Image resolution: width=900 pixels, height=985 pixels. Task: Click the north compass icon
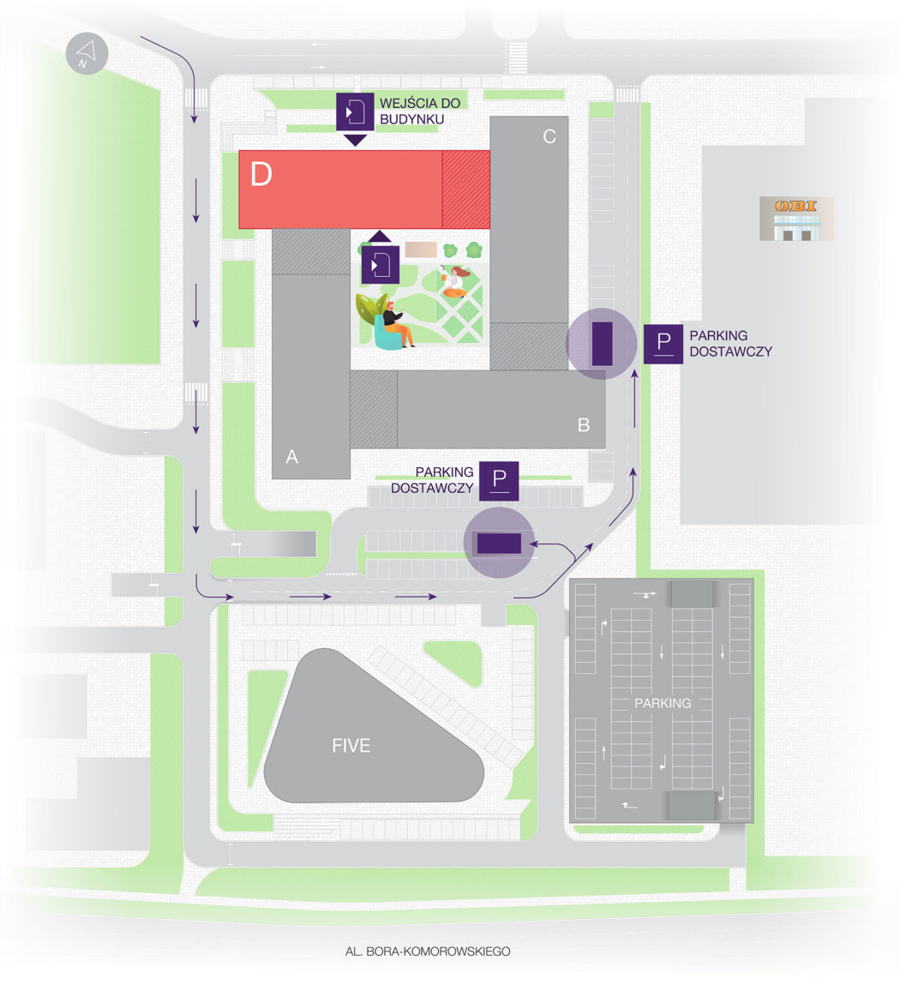pyautogui.click(x=87, y=53)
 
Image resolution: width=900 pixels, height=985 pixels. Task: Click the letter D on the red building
pyautogui.click(x=261, y=174)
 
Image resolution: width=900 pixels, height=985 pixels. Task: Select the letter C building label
pyautogui.click(x=549, y=136)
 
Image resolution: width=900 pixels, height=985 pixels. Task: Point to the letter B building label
pyautogui.click(x=584, y=425)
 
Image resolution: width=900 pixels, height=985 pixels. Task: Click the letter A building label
pyautogui.click(x=292, y=457)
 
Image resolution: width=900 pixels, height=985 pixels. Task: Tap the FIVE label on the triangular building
pyautogui.click(x=351, y=746)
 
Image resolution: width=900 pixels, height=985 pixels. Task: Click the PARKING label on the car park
pyautogui.click(x=663, y=703)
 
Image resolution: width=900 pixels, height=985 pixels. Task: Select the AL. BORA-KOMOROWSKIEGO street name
pyautogui.click(x=428, y=951)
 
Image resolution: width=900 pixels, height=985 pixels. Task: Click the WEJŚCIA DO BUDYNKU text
pyautogui.click(x=419, y=111)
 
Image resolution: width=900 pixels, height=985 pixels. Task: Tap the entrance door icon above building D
pyautogui.click(x=355, y=111)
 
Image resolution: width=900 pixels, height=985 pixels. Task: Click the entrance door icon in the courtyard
pyautogui.click(x=380, y=265)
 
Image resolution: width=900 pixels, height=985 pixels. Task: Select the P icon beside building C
pyautogui.click(x=663, y=345)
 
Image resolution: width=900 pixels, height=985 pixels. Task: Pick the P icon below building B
pyautogui.click(x=499, y=481)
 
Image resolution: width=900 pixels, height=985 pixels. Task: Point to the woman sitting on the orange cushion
pyautogui.click(x=455, y=281)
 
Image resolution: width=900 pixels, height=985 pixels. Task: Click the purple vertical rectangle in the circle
pyautogui.click(x=602, y=344)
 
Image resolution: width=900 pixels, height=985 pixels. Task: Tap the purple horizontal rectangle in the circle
pyautogui.click(x=500, y=544)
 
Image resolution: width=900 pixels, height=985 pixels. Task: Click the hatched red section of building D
pyautogui.click(x=466, y=189)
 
